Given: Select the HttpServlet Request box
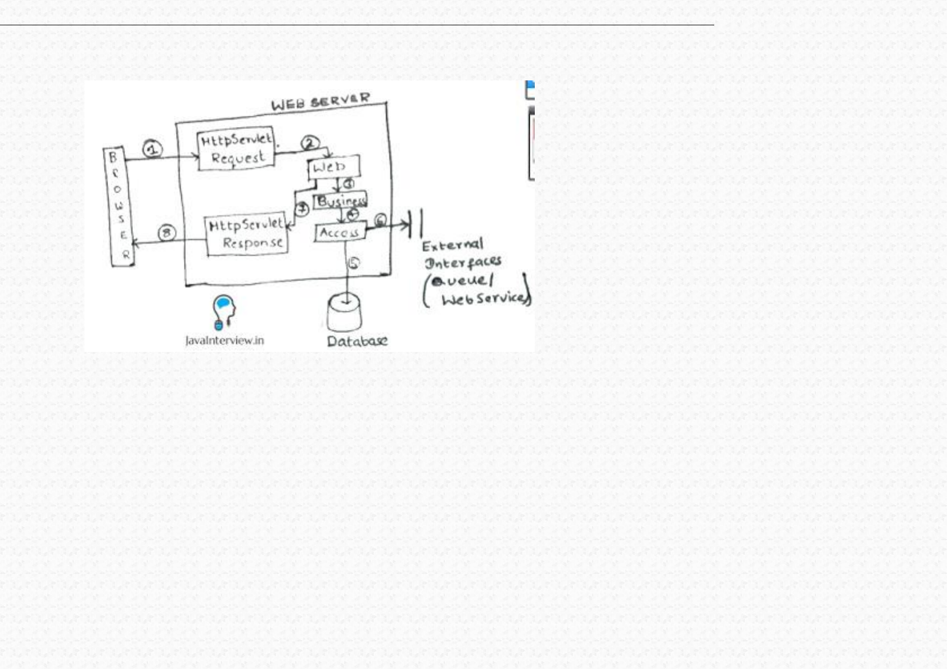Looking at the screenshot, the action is [237, 148].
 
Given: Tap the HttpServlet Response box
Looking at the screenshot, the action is [247, 234].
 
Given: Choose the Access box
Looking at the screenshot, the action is [340, 233].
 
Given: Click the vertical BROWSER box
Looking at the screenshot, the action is [119, 206].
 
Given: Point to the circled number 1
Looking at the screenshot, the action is [152, 150].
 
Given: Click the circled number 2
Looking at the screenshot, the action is [310, 143].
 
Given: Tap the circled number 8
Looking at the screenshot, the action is [166, 233].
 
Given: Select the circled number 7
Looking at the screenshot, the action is [303, 209].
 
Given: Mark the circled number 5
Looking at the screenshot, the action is [353, 263].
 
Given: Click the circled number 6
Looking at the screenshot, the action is [380, 220].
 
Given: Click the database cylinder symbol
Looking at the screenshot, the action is [345, 313].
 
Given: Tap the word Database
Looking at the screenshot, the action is [357, 341].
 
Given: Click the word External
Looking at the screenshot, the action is [453, 246].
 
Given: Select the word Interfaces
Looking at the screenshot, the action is [463, 263].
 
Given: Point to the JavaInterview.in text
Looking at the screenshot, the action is [224, 340].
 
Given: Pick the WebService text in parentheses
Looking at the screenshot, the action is [485, 298].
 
